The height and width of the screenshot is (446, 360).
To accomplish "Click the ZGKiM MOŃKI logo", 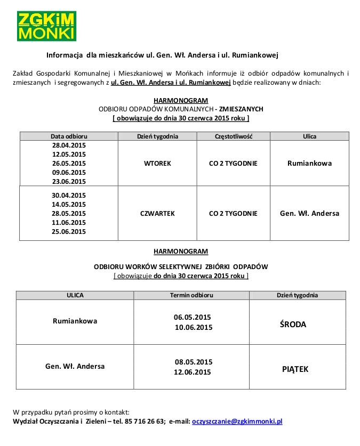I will click(x=46, y=26).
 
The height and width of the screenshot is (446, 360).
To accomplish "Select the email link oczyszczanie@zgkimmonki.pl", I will click(x=237, y=421).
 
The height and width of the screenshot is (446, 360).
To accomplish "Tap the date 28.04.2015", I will click(x=69, y=145).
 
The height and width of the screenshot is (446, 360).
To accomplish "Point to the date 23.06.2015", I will click(x=69, y=181).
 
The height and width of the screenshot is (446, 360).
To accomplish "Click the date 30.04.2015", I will click(x=69, y=195).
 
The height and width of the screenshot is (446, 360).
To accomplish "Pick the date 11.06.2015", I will click(x=69, y=222).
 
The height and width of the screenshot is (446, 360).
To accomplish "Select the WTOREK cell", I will click(x=157, y=163).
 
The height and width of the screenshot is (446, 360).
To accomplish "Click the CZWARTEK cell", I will click(x=157, y=213).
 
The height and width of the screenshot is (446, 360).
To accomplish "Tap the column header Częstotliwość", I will click(x=233, y=136).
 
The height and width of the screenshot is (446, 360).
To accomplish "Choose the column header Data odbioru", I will click(x=69, y=136).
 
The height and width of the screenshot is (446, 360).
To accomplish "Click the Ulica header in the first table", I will click(x=309, y=136).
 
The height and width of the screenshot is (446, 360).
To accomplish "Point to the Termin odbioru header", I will click(x=191, y=295).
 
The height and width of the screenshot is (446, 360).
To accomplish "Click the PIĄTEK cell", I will click(x=295, y=369).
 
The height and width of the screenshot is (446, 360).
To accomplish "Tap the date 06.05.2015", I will click(x=193, y=317).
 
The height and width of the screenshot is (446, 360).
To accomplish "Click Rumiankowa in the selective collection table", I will click(x=75, y=321).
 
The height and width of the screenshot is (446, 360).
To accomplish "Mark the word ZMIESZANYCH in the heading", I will click(x=241, y=109).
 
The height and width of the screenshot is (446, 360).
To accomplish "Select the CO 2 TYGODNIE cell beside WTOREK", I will click(x=233, y=163).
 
